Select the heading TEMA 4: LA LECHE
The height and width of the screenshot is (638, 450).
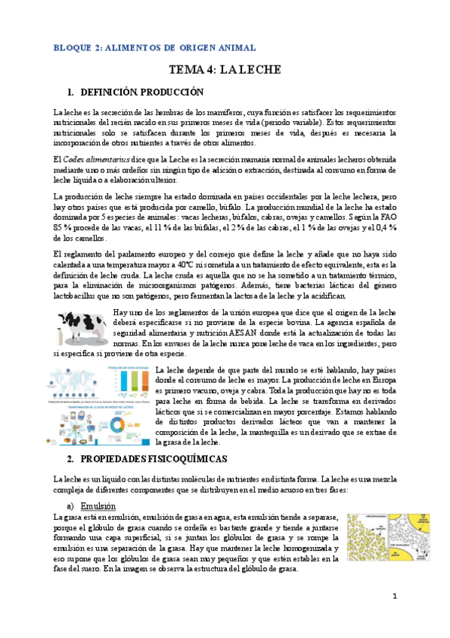click(x=225, y=70)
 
